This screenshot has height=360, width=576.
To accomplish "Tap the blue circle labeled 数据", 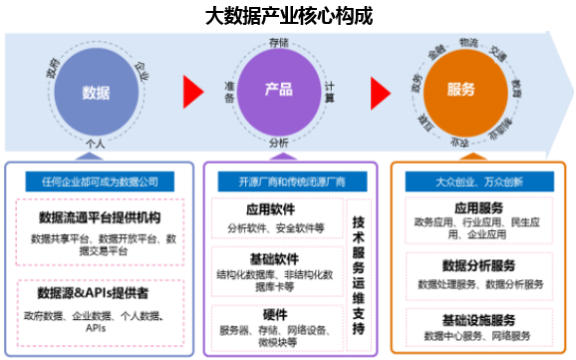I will pyautogui.click(x=96, y=92).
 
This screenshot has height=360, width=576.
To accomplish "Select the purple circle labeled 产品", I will pyautogui.click(x=278, y=91).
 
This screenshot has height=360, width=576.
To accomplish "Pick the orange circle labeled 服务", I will pyautogui.click(x=461, y=91).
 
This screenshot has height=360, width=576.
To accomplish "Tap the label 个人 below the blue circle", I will pyautogui.click(x=96, y=144).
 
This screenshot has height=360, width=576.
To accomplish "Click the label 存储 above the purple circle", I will pyautogui.click(x=278, y=43).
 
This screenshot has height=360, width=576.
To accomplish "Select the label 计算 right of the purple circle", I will pyautogui.click(x=330, y=92).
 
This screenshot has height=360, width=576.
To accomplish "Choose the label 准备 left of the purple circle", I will pyautogui.click(x=228, y=92).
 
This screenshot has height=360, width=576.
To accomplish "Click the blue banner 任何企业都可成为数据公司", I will pyautogui.click(x=94, y=180).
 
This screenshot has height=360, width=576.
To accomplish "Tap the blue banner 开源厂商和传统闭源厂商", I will pyautogui.click(x=277, y=180).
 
